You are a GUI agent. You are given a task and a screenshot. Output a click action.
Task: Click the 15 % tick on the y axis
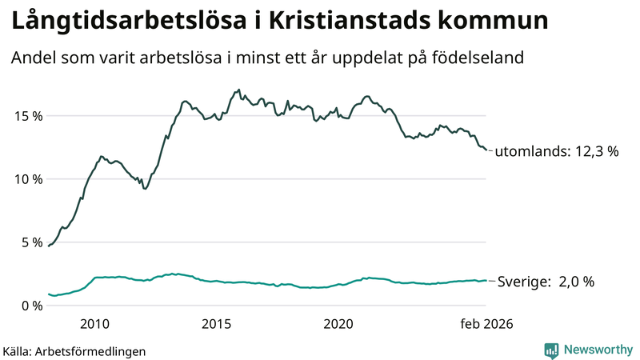[26, 115]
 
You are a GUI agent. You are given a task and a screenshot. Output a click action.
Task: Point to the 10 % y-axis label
[26, 178]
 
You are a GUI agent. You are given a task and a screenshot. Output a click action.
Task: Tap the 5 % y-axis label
[29, 242]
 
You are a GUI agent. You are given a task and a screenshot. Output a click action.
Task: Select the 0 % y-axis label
[29, 305]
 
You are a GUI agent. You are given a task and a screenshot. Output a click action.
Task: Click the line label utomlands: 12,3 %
[558, 151]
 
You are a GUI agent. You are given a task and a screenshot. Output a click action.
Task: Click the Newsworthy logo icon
[551, 350]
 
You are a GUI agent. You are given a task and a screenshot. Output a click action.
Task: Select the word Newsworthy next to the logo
[597, 350]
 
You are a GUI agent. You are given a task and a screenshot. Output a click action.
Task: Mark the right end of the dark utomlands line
[486, 150]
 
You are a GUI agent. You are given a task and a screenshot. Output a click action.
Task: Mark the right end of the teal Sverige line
[486, 281]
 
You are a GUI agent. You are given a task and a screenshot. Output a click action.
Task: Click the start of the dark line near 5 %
[49, 246]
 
